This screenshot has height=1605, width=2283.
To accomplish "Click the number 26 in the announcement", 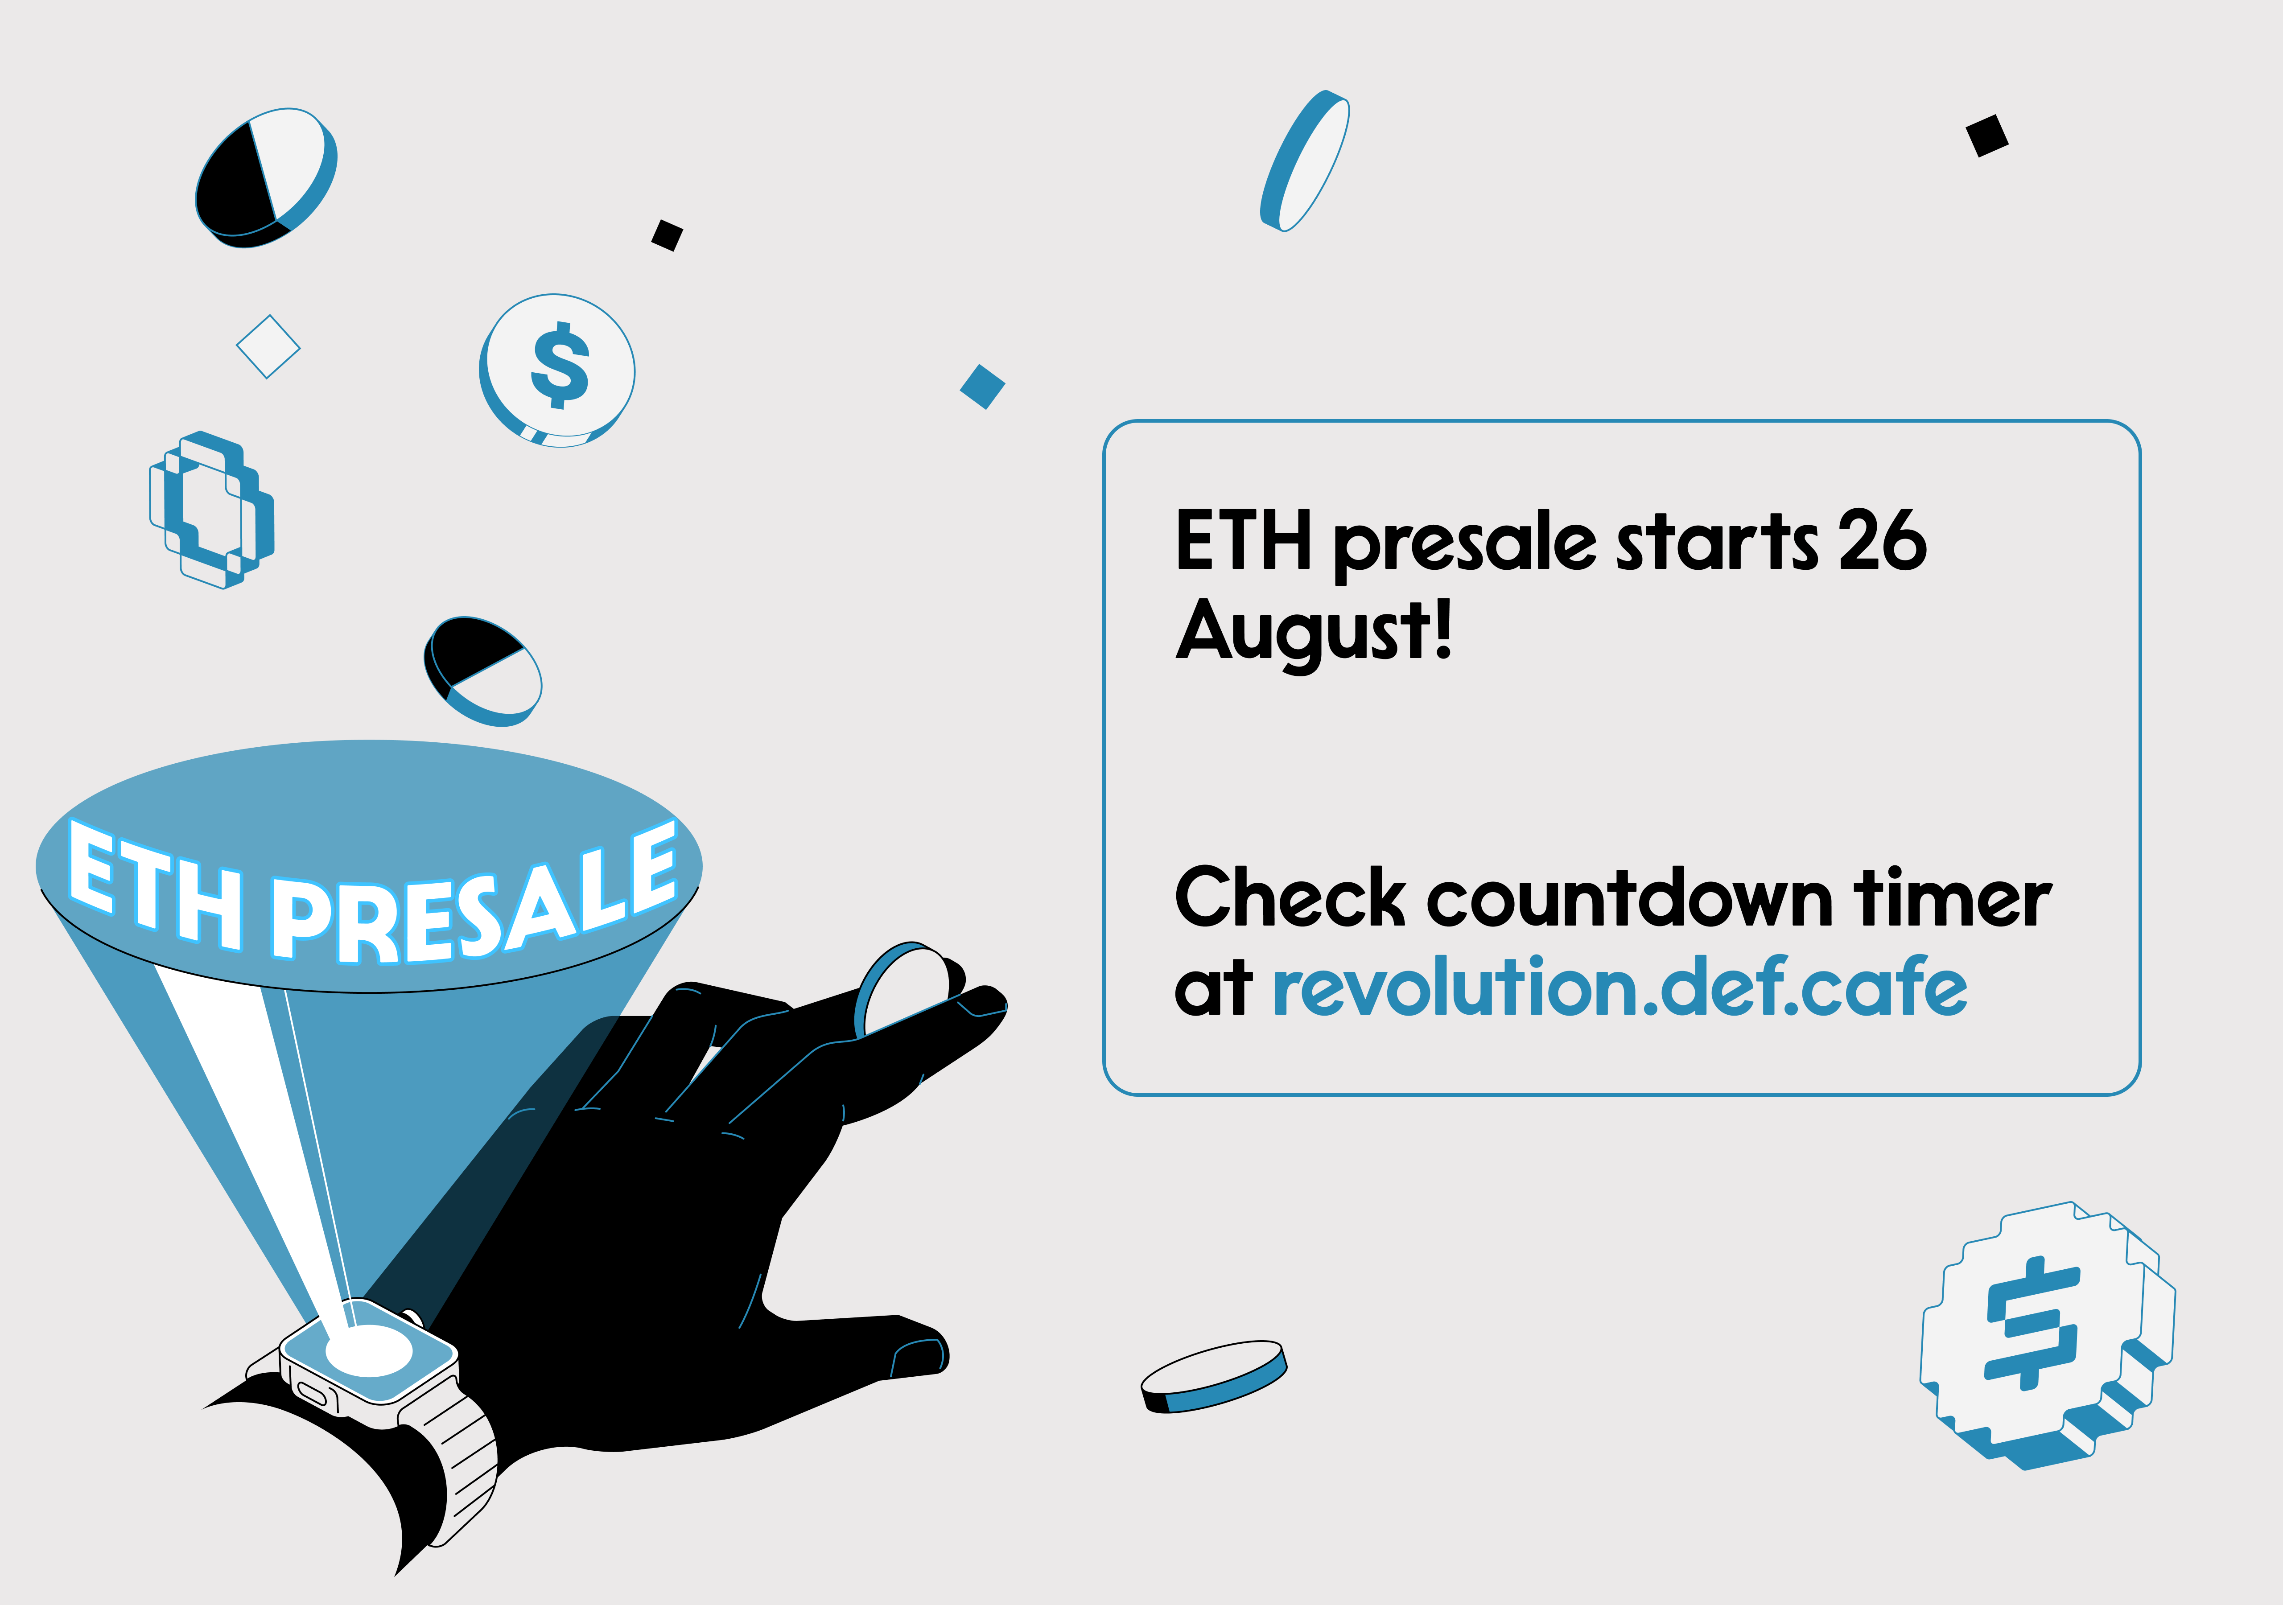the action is click(1882, 540).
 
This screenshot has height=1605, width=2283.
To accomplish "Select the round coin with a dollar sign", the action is click(557, 371).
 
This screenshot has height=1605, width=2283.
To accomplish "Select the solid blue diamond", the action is click(982, 387).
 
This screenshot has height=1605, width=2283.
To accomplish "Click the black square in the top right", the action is click(1986, 135).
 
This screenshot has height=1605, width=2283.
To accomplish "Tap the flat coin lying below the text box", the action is click(1214, 1376).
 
